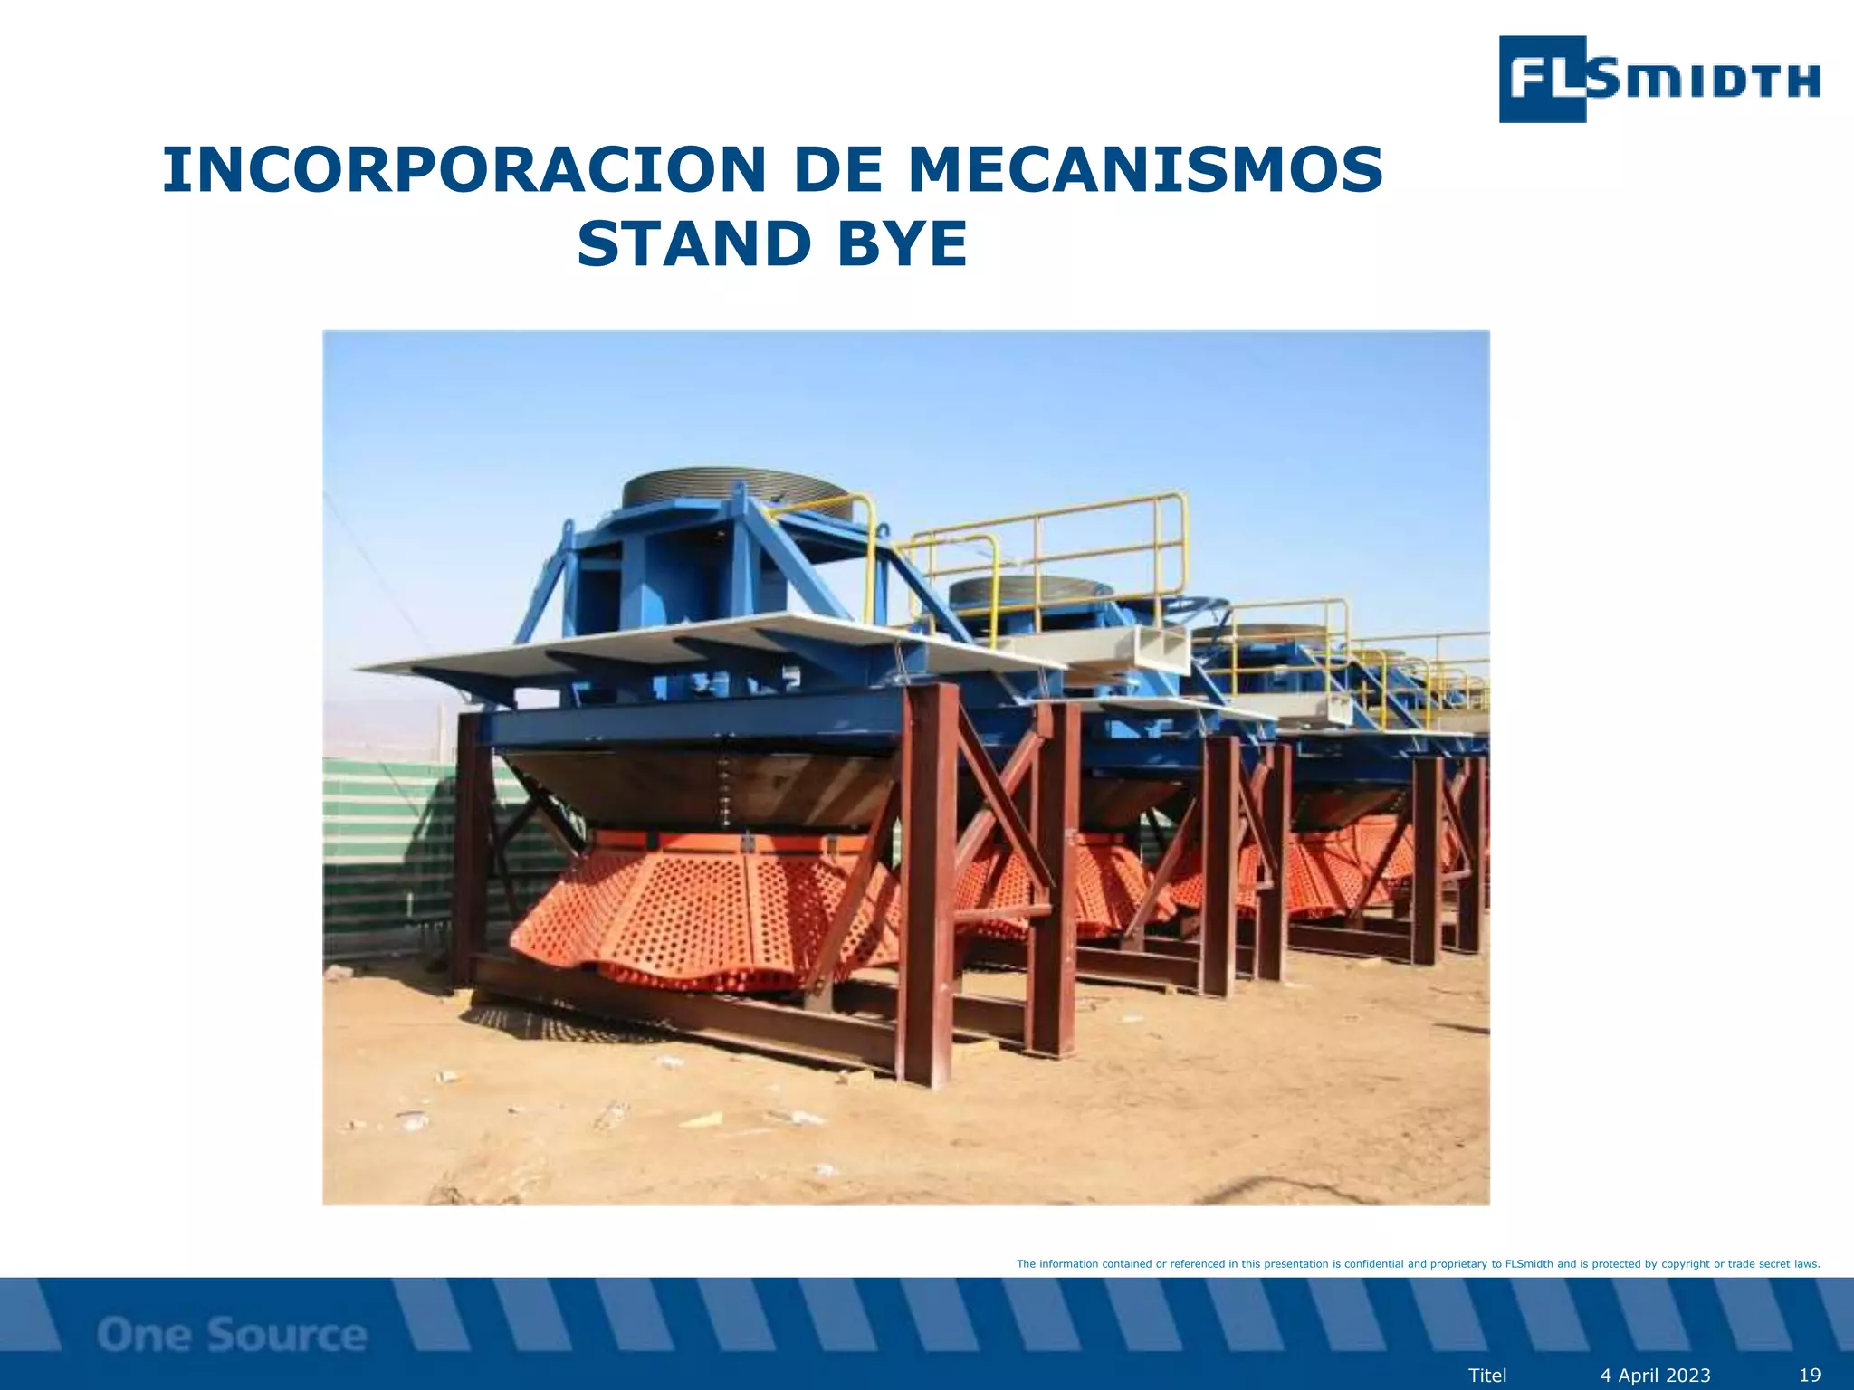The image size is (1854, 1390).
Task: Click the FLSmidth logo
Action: [1658, 80]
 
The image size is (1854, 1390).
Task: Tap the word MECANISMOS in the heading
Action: [1145, 170]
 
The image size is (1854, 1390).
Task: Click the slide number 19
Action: [1809, 1376]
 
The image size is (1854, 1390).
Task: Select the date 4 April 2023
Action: [1655, 1376]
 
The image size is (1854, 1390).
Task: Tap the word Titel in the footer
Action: [1487, 1376]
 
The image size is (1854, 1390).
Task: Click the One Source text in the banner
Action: [232, 1335]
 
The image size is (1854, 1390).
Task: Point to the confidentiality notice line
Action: [1418, 1264]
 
